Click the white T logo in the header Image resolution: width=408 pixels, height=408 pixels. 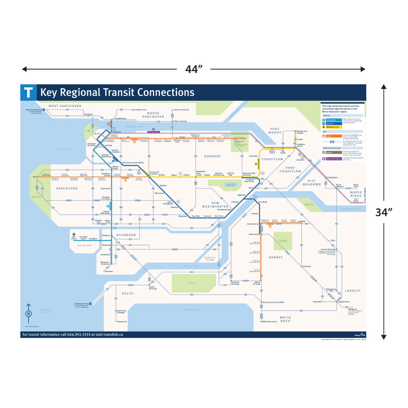click(28, 92)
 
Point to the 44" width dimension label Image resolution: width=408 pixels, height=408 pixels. click(194, 69)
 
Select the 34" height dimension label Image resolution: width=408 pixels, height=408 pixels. click(384, 212)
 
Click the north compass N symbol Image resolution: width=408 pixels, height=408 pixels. click(29, 314)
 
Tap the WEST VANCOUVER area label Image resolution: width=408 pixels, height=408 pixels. click(65, 106)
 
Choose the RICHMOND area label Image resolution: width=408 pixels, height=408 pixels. click(126, 235)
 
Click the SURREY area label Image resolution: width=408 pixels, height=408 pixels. click(276, 257)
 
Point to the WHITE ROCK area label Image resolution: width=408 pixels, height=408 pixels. click(285, 319)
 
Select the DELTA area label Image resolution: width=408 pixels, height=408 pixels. click(127, 293)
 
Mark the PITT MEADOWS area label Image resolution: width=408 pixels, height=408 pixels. click(312, 182)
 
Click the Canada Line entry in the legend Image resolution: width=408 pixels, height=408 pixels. click(331, 120)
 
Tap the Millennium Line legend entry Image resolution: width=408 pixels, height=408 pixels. click(333, 127)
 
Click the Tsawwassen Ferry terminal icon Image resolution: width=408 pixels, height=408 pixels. click(92, 304)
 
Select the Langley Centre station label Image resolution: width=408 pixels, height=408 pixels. click(344, 302)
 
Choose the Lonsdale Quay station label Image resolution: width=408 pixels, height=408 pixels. click(120, 118)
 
